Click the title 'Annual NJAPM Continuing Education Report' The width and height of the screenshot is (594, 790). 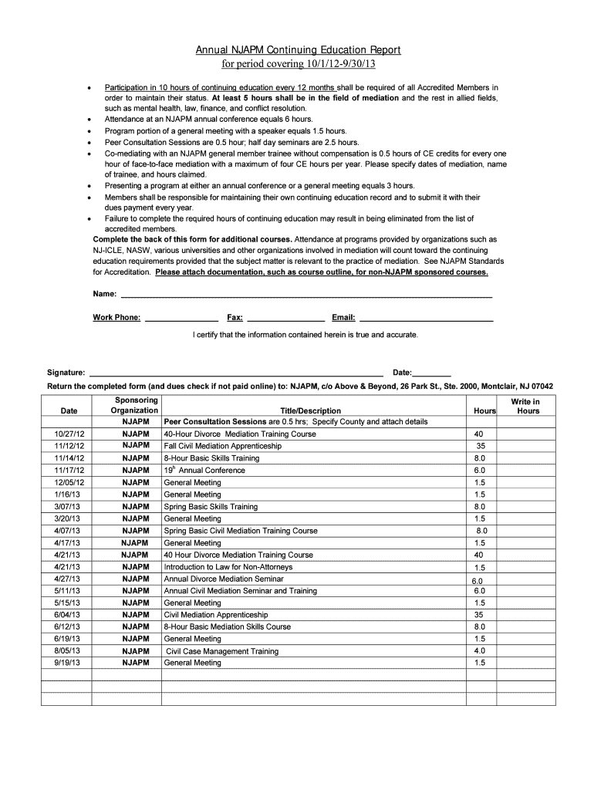pos(297,50)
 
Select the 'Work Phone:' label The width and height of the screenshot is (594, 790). pos(116,317)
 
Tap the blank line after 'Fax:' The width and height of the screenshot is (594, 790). pos(285,318)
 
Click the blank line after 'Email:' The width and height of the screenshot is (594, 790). pos(426,318)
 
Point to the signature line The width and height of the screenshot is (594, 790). pos(236,373)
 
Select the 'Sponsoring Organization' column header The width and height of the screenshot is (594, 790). pos(136,406)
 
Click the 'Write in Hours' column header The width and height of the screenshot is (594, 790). pos(528,407)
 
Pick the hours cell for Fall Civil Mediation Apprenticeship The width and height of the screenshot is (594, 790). pos(480,446)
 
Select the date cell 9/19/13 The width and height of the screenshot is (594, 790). pos(67,663)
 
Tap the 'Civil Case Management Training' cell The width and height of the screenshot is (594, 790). pos(222,651)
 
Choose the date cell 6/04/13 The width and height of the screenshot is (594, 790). pos(67,615)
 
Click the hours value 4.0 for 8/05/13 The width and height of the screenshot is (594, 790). pos(480,650)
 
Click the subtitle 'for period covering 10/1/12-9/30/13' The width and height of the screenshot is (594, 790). pos(297,63)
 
